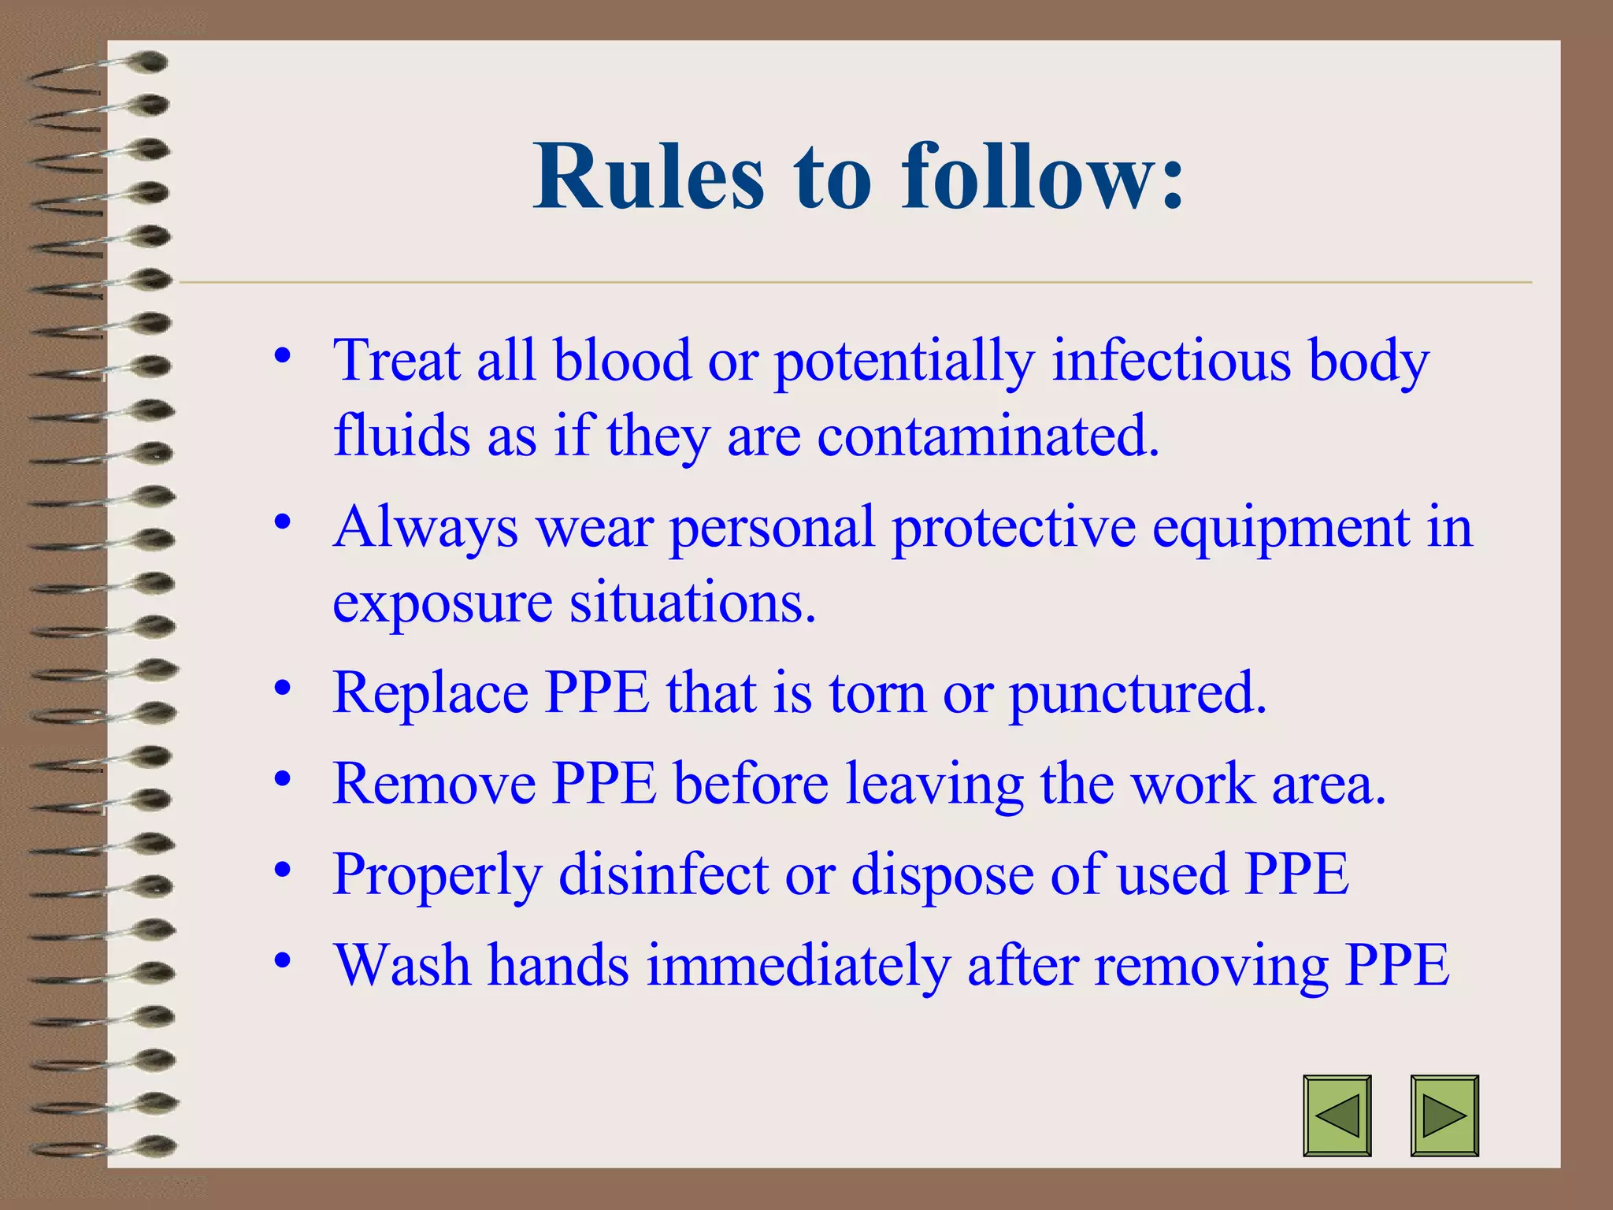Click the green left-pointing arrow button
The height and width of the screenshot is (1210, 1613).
[x=1337, y=1115]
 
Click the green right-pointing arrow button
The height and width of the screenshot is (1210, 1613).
[x=1444, y=1115]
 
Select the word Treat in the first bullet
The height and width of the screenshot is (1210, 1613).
[x=396, y=361]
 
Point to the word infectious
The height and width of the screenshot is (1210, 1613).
[x=1171, y=361]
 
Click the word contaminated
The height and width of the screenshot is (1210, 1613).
[x=988, y=436]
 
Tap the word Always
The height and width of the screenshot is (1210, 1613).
[x=425, y=527]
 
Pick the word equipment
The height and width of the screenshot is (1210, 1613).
[x=1281, y=527]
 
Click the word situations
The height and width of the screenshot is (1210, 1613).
[x=692, y=603]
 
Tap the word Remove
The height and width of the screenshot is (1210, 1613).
[x=433, y=784]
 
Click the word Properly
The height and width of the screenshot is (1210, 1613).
[x=437, y=874]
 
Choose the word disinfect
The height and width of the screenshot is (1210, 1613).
[x=663, y=874]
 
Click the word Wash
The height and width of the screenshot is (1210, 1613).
[x=402, y=965]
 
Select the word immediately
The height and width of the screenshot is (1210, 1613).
[x=798, y=965]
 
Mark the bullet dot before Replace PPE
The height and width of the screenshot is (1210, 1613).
[x=283, y=688]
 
